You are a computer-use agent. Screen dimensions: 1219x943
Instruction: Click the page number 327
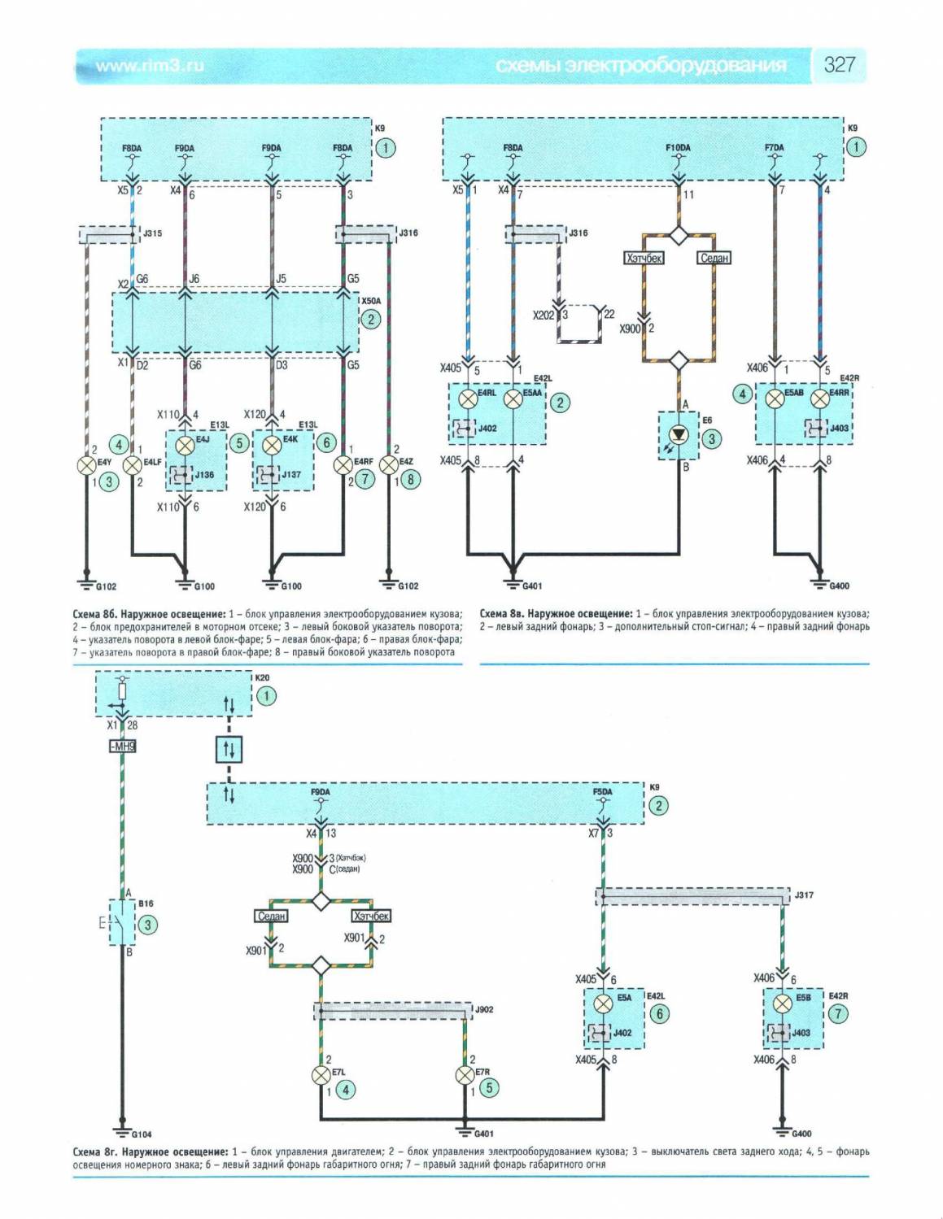(x=839, y=65)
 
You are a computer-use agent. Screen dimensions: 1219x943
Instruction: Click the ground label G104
(x=142, y=1134)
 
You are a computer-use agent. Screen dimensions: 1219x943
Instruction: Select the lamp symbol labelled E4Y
(x=86, y=465)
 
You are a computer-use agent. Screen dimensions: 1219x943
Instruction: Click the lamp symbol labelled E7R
(x=464, y=1075)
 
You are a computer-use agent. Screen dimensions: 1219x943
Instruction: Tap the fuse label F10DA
(x=678, y=148)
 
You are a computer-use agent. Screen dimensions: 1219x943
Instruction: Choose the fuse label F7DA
(x=774, y=148)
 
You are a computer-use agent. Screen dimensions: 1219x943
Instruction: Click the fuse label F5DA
(x=602, y=792)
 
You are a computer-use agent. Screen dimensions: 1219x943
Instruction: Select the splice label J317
(x=804, y=895)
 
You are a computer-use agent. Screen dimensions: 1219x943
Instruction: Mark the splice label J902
(x=483, y=1010)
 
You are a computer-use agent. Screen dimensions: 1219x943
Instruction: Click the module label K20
(x=262, y=677)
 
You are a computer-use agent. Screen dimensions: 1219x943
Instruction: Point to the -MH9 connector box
(x=122, y=747)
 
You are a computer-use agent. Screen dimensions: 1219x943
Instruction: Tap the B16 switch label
(x=146, y=903)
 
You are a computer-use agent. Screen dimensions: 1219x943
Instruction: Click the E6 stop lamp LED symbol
(x=678, y=436)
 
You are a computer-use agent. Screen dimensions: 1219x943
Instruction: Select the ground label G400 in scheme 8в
(x=839, y=586)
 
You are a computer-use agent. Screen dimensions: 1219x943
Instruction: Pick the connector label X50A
(x=371, y=301)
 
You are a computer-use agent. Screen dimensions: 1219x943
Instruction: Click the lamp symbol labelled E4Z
(x=389, y=465)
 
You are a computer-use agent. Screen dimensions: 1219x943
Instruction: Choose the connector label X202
(x=543, y=315)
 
